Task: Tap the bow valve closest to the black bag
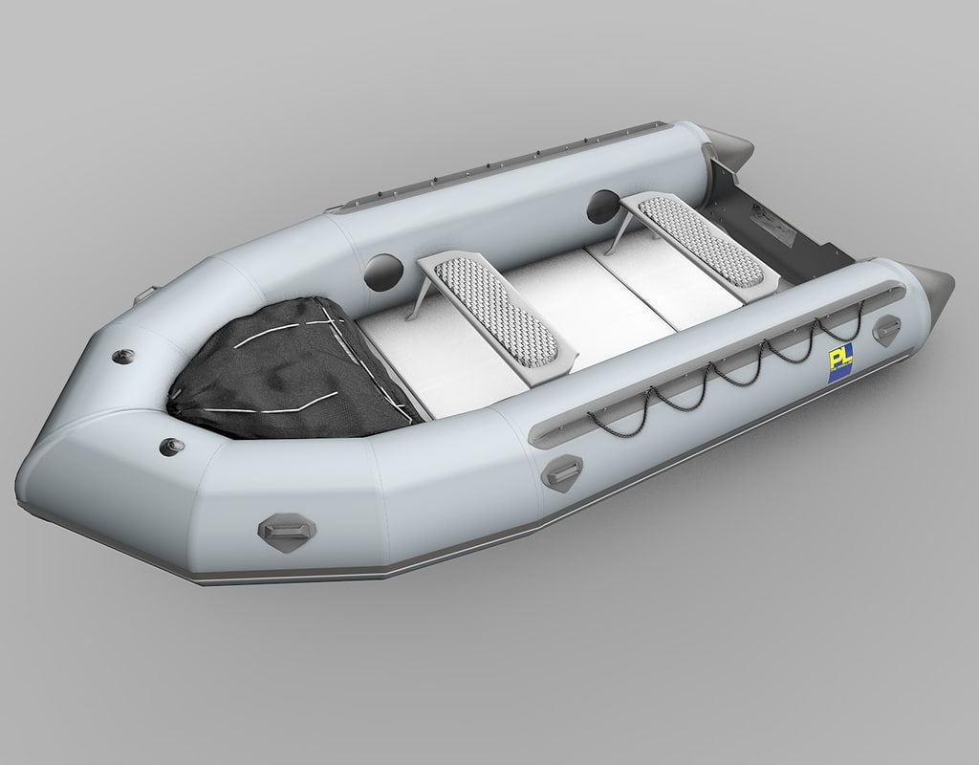(x=123, y=355)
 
